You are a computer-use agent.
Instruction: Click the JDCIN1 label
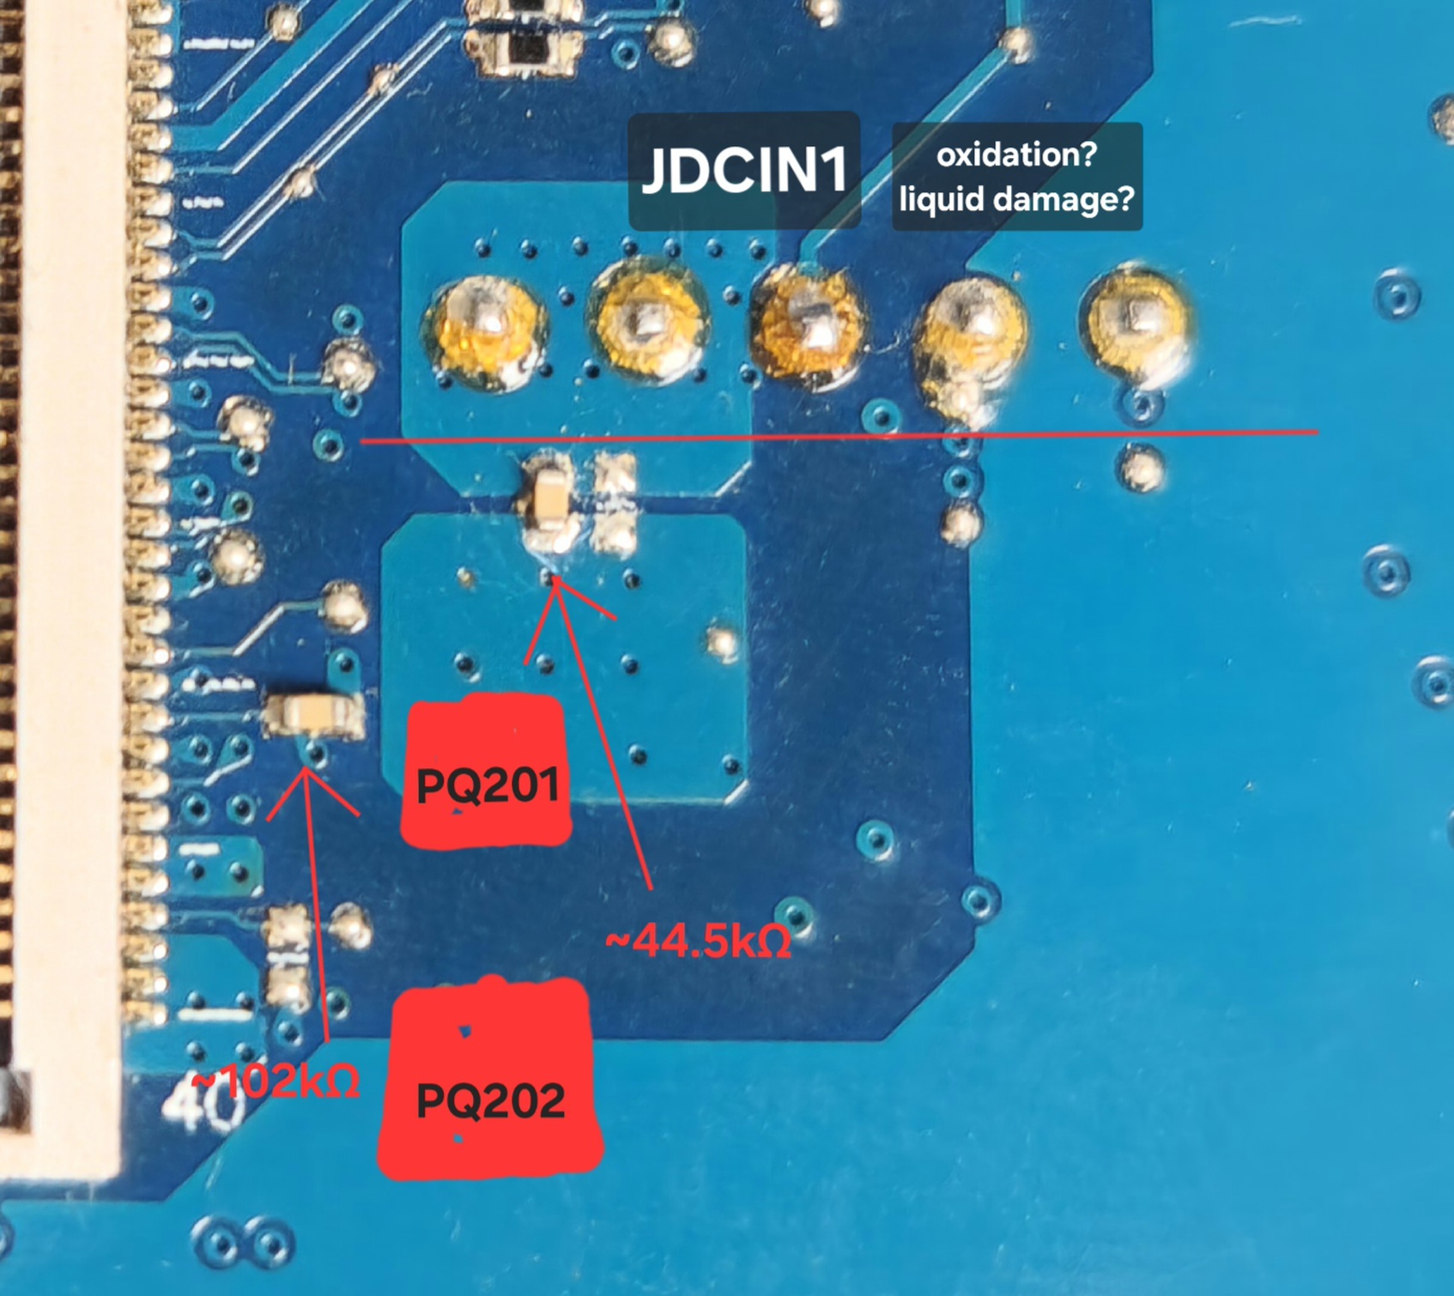click(744, 170)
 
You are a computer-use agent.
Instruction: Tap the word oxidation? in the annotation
click(1016, 154)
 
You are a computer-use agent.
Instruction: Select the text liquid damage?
click(1016, 199)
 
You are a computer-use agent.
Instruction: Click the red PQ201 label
click(487, 784)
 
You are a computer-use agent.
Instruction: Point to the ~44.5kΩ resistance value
click(698, 942)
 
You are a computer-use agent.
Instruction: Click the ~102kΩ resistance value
click(275, 1083)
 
